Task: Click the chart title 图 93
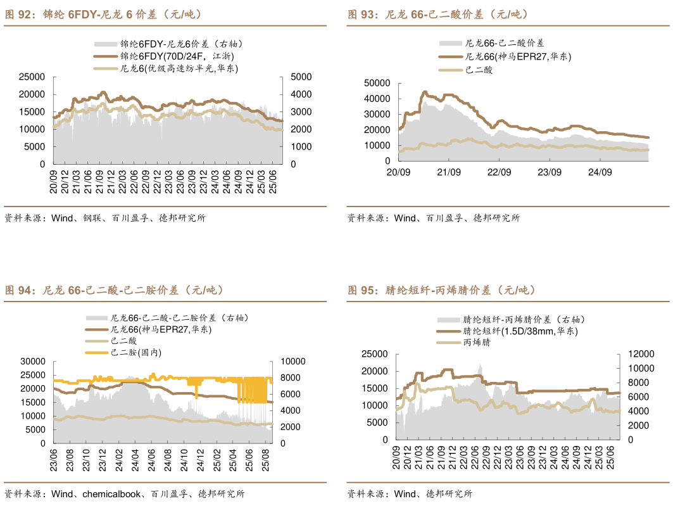(437, 14)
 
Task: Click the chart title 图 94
(115, 290)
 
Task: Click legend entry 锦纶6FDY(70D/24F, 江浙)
(175, 56)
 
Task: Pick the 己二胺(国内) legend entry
(135, 352)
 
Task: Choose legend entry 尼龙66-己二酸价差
(504, 43)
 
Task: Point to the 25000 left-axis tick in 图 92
(32, 77)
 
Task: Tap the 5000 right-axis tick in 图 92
(301, 77)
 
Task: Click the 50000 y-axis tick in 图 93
(378, 83)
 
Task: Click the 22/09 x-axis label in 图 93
(499, 172)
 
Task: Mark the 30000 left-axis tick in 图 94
(32, 361)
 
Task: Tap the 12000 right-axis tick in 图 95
(638, 353)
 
